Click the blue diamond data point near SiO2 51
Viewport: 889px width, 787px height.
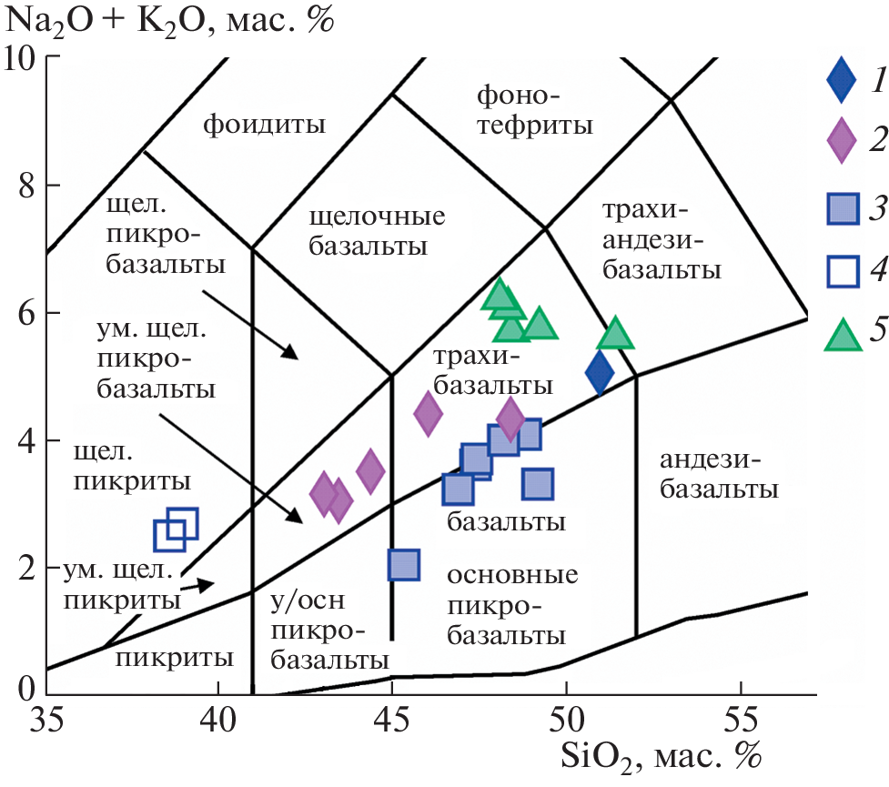[599, 372]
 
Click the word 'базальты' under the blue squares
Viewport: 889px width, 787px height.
[506, 522]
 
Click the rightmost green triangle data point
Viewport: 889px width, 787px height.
[615, 335]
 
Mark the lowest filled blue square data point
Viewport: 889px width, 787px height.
[403, 565]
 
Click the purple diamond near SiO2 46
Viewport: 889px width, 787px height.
[428, 413]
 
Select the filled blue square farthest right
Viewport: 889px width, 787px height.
[539, 484]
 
